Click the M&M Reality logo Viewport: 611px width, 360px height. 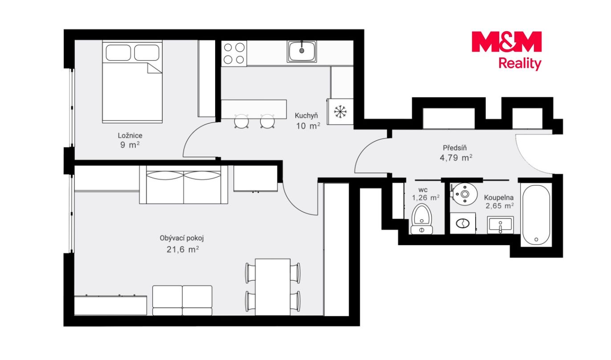tap(506, 51)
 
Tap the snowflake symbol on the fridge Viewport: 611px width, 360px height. tap(340, 112)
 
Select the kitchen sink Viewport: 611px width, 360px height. tap(301, 51)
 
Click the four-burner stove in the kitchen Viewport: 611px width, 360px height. tap(234, 53)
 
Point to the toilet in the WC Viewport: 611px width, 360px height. tap(422, 220)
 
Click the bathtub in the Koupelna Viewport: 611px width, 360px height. tap(536, 215)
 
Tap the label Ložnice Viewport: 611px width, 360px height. tap(130, 135)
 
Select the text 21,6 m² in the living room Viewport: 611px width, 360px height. tap(183, 249)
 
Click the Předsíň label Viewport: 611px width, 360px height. tap(455, 148)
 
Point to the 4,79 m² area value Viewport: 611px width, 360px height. tap(456, 157)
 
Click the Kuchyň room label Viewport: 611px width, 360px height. tap(306, 116)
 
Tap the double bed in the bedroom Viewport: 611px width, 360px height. tap(132, 82)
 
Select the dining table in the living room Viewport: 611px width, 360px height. tap(273, 287)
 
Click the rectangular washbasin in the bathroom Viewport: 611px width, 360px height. tap(501, 225)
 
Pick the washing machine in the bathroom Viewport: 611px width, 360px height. tap(463, 223)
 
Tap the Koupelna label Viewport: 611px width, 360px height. tap(499, 197)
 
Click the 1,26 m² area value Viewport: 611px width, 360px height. tap(426, 198)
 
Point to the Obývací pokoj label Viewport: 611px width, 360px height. tap(182, 238)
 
